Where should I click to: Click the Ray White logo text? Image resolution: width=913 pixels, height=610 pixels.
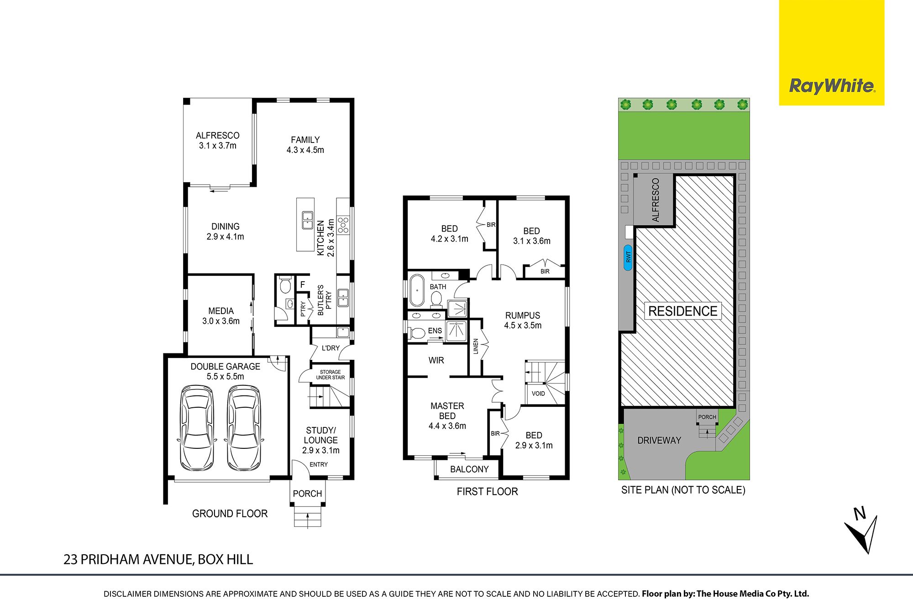832,86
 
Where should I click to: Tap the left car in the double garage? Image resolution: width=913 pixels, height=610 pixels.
197,428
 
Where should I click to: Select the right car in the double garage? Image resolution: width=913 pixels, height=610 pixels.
244,428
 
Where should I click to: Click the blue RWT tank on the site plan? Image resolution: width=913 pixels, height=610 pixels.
628,258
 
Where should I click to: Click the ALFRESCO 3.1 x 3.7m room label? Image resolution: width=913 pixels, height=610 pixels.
218,141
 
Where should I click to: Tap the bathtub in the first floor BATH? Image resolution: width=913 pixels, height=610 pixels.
416,290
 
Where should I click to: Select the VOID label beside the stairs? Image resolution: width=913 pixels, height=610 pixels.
538,394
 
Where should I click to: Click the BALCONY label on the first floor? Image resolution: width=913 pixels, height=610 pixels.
469,469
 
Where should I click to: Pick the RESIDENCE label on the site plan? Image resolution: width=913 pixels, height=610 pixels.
683,311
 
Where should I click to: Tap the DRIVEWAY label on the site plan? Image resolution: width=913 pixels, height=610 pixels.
659,441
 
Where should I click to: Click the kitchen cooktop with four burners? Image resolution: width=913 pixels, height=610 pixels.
343,225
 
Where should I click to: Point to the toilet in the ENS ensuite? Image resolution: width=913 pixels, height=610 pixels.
416,332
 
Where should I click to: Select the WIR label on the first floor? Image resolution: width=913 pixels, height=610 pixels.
436,360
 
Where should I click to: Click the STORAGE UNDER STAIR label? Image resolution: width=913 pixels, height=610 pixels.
331,375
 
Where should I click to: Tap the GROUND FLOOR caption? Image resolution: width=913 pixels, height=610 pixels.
230,514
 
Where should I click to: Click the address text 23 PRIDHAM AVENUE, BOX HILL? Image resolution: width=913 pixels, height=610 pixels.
158,560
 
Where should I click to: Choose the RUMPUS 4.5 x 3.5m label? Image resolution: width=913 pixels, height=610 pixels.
523,321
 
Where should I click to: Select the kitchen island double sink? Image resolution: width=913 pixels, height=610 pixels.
308,220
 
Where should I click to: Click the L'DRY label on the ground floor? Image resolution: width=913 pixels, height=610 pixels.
331,348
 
